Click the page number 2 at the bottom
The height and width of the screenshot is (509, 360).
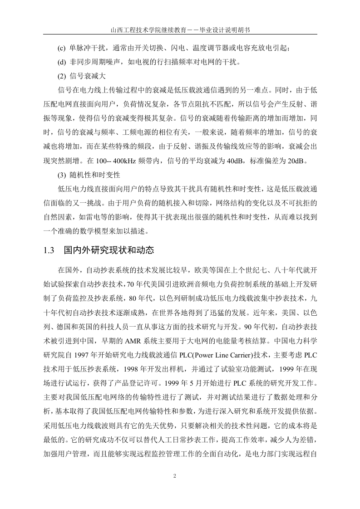174,476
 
